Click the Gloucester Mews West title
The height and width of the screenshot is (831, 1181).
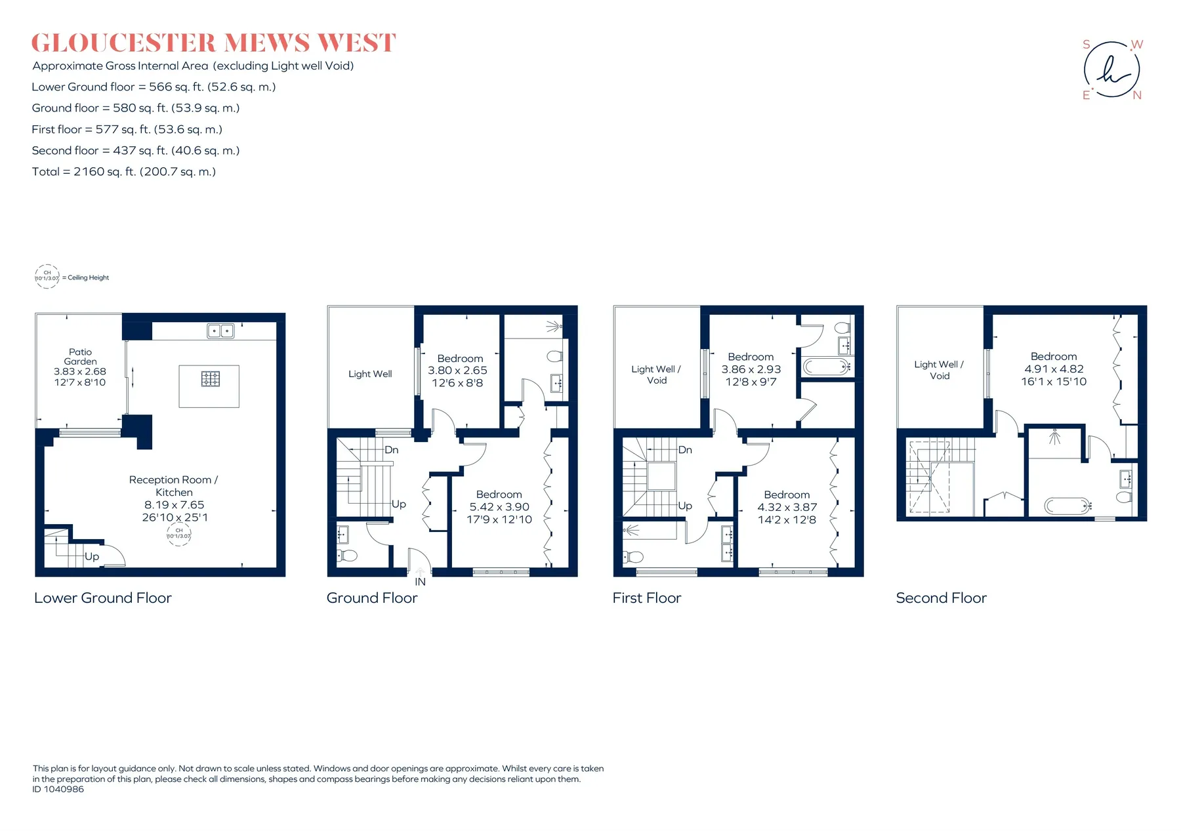click(x=213, y=43)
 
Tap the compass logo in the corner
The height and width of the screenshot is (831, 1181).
click(x=1112, y=70)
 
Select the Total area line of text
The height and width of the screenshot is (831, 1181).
click(x=124, y=172)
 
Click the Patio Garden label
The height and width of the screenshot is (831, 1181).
click(x=80, y=357)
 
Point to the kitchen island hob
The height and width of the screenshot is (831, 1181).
click(x=210, y=378)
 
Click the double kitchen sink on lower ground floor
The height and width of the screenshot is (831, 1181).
click(x=220, y=331)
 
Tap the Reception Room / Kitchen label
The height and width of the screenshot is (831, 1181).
click(x=174, y=486)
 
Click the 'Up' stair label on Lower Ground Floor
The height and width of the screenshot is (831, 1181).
click(x=92, y=557)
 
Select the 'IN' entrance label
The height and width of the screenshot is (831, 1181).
click(x=420, y=582)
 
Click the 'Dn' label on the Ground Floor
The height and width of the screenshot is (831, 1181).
click(x=392, y=450)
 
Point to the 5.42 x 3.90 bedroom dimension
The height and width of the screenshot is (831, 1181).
click(x=499, y=507)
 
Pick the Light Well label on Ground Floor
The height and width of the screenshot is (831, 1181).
click(x=370, y=374)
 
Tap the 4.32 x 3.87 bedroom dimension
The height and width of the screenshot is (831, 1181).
click(x=787, y=507)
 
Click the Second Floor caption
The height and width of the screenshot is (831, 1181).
click(x=942, y=598)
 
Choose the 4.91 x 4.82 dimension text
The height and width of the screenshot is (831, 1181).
click(x=1054, y=369)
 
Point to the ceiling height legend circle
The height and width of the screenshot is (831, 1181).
click(x=47, y=276)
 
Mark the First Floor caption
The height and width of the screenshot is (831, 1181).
click(x=647, y=598)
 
